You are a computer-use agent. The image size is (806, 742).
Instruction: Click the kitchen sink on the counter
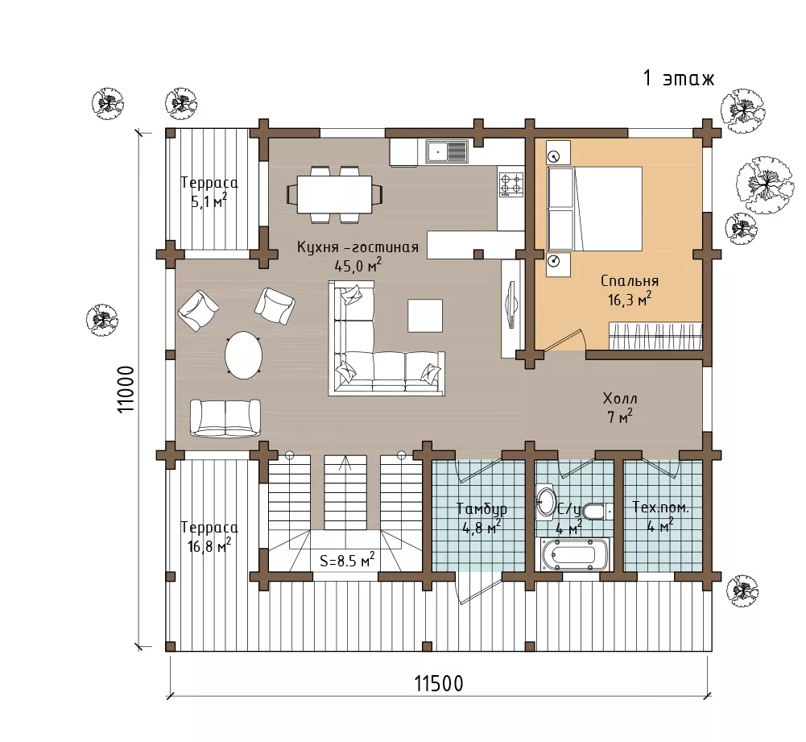[446, 151]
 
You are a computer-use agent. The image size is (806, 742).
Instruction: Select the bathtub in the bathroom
[574, 555]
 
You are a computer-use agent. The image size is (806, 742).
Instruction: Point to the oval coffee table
[243, 355]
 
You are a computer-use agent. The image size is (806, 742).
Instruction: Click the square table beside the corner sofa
[425, 316]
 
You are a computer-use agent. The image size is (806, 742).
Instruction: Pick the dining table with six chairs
[335, 194]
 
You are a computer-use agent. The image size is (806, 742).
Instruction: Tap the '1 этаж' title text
[679, 79]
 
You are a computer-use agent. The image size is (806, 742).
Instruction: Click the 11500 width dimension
[439, 684]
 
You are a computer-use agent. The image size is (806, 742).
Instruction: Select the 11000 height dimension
[126, 389]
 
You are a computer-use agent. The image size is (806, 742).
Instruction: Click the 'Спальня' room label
[630, 280]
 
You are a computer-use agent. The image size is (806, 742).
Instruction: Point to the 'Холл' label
[620, 399]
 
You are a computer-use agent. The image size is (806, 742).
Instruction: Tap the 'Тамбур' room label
[482, 509]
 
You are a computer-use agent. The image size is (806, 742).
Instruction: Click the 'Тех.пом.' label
[660, 508]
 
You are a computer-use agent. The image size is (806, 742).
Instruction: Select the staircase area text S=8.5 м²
[347, 560]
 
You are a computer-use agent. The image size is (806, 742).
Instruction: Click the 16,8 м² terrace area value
[209, 546]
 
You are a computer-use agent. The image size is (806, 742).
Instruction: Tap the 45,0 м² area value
[358, 266]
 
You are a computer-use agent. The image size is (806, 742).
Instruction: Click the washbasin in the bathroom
[545, 500]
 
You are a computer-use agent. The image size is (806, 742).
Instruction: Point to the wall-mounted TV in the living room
[511, 304]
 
